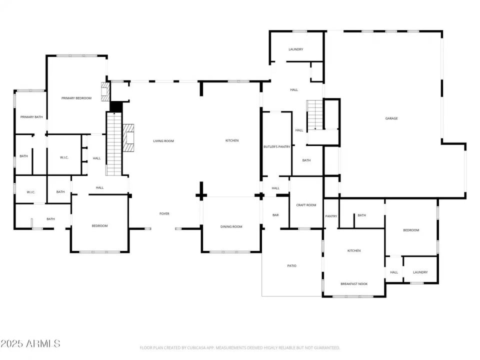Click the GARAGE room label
point(391,118)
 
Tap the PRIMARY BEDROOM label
point(76,98)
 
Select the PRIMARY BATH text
point(31,117)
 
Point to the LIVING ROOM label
point(163,141)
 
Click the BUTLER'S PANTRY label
point(277,146)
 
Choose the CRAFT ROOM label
point(306,205)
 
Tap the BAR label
point(275,215)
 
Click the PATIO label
point(291,265)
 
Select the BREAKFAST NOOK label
point(354,283)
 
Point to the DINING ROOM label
point(231,226)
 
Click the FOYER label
point(164,213)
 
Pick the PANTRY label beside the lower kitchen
point(331,216)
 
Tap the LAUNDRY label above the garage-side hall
point(296,49)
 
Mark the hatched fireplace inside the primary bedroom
point(105,92)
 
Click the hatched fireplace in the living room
point(129,137)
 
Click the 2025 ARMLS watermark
point(30,343)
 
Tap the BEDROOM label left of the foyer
point(99,226)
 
